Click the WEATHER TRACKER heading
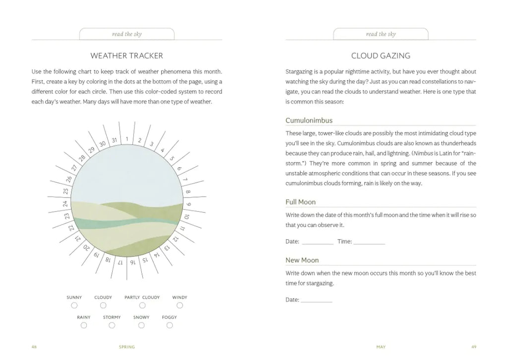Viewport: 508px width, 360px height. click(x=127, y=56)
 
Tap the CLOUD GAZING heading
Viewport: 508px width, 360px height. click(x=381, y=56)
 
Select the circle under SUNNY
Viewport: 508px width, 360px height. click(x=74, y=305)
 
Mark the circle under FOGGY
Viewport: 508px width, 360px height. click(x=170, y=325)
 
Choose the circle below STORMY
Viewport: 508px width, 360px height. click(x=112, y=325)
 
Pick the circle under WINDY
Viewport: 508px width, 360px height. click(x=180, y=305)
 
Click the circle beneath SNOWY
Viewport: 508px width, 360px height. click(x=141, y=325)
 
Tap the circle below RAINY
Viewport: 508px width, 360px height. click(x=84, y=325)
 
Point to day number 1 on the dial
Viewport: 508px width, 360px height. click(x=127, y=139)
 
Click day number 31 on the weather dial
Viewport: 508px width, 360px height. click(x=115, y=141)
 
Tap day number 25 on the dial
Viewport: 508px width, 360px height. click(x=66, y=190)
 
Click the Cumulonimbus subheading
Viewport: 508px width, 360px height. click(x=309, y=120)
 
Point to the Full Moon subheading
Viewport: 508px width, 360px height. click(x=301, y=202)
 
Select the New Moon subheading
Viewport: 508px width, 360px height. click(x=302, y=260)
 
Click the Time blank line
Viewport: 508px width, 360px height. click(x=369, y=242)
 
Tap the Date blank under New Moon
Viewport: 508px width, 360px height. click(x=317, y=300)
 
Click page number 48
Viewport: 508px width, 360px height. click(x=34, y=347)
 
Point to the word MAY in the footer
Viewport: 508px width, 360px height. click(x=381, y=347)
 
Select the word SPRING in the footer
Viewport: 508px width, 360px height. click(x=127, y=347)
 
